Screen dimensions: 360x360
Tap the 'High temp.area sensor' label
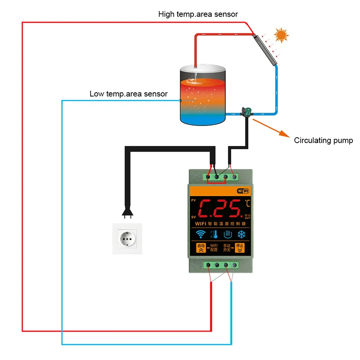[198, 14]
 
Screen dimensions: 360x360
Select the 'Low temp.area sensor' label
[129, 94]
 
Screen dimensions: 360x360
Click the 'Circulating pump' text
[324, 140]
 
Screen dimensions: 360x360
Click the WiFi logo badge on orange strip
[243, 191]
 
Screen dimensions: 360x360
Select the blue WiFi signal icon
[200, 234]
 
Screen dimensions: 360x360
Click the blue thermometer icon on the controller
[214, 234]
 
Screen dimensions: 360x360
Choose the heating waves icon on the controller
[228, 234]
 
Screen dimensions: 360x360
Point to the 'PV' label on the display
[193, 200]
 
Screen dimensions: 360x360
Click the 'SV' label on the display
[193, 216]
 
